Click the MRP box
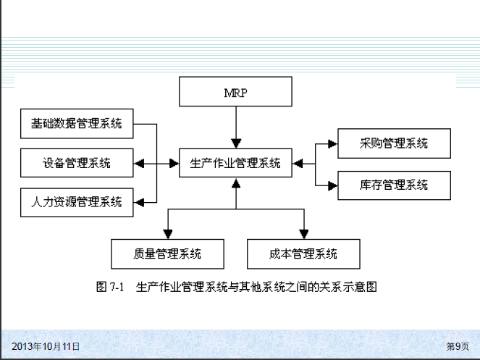click(235, 92)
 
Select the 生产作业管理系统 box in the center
click(235, 163)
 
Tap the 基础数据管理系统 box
click(77, 124)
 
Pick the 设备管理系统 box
click(77, 163)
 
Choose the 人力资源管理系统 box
click(77, 201)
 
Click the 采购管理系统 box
click(394, 143)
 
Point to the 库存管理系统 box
click(394, 185)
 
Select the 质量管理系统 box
click(167, 254)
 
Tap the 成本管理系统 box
click(303, 254)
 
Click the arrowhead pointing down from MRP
click(235, 143)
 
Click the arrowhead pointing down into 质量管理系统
click(168, 233)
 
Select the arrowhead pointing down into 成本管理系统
click(303, 233)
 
